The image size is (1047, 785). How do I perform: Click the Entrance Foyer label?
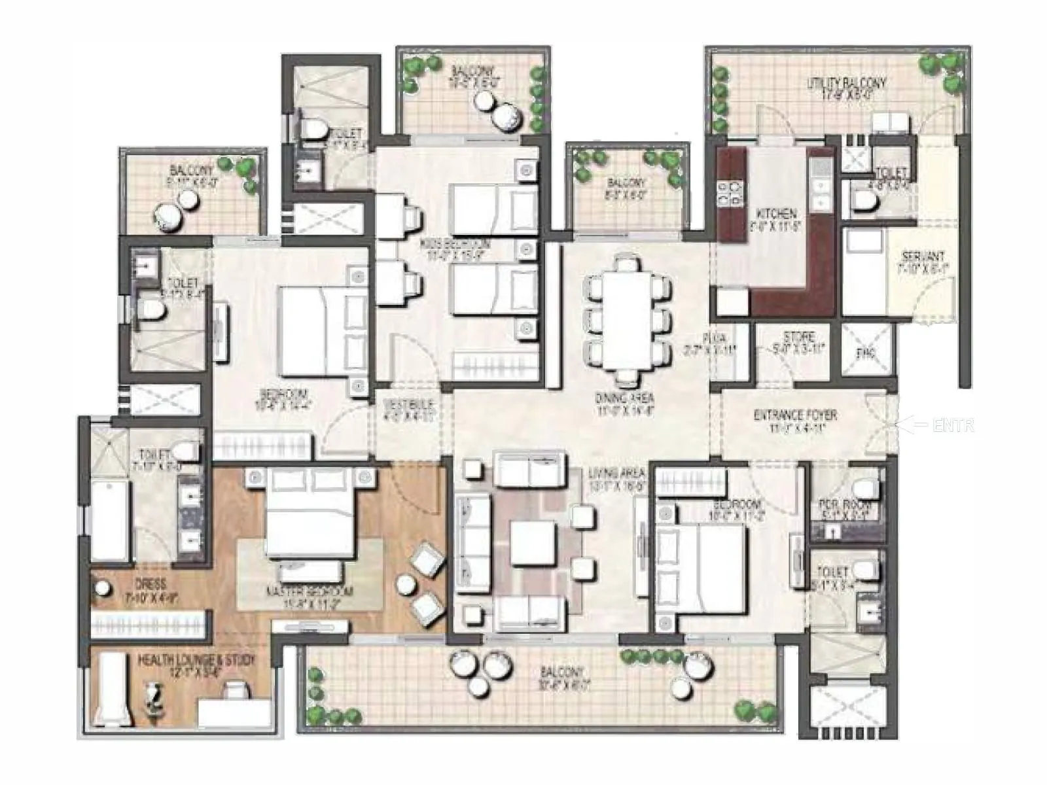click(x=795, y=420)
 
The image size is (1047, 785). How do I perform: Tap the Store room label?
click(x=799, y=342)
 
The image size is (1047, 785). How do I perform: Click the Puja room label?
click(x=714, y=343)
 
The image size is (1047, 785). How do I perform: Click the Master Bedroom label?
click(x=310, y=595)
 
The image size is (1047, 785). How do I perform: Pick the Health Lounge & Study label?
click(x=196, y=665)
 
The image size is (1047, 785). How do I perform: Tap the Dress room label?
click(x=151, y=589)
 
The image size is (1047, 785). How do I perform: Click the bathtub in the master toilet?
click(x=109, y=520)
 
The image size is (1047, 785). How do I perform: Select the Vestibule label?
click(x=408, y=409)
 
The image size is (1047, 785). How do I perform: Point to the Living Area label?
click(x=616, y=478)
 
